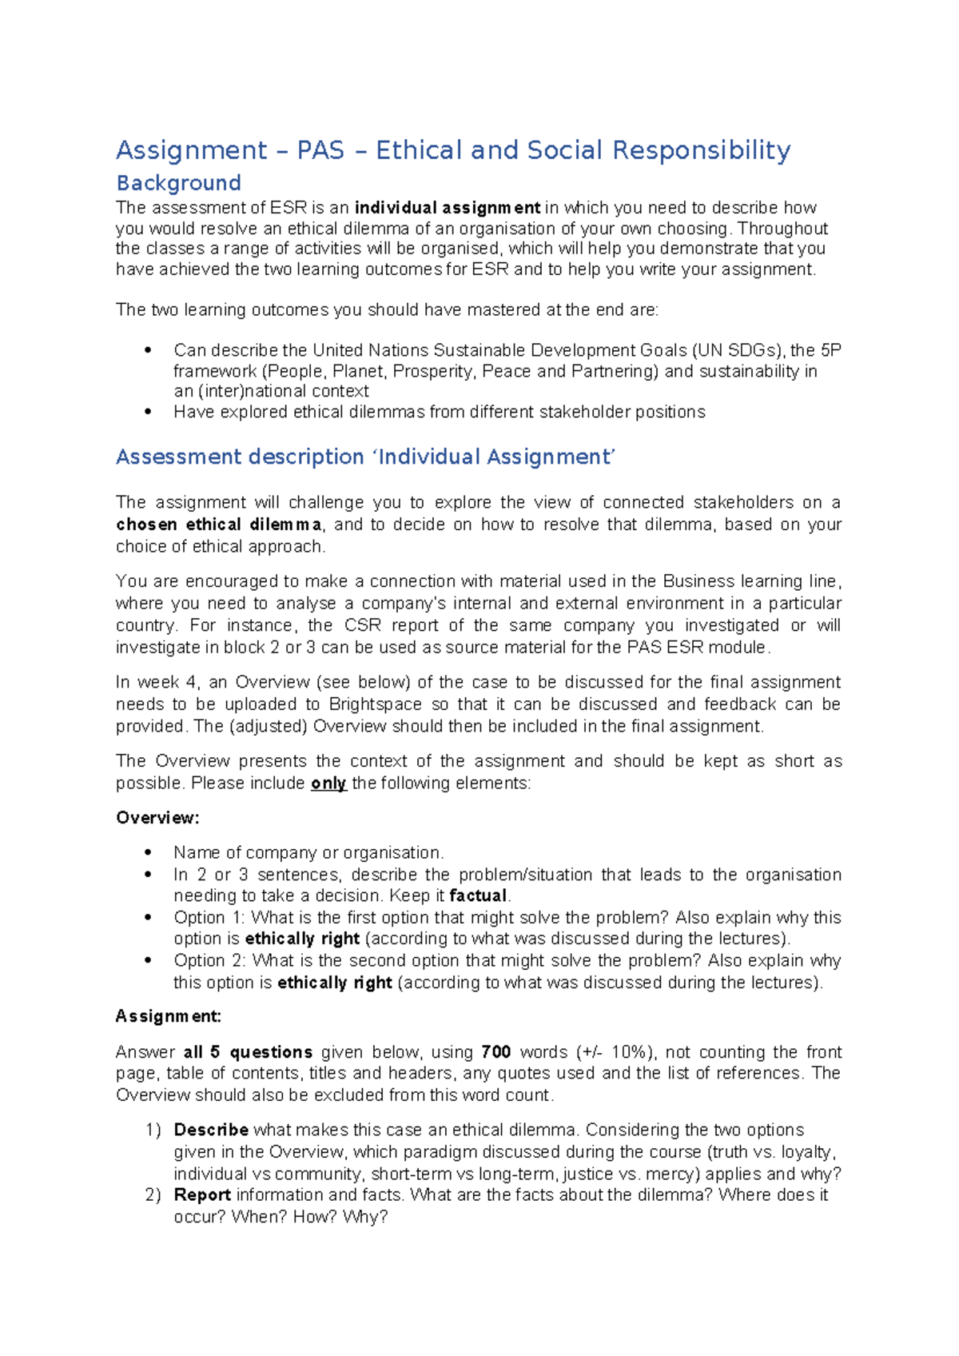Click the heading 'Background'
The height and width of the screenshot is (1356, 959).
(178, 183)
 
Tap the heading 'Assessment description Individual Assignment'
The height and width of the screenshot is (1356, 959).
(365, 457)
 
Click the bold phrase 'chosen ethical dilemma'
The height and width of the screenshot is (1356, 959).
(219, 524)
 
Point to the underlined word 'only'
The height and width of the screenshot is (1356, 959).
(328, 784)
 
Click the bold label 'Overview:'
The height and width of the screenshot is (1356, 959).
(157, 818)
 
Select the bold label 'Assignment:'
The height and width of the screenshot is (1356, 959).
(168, 1016)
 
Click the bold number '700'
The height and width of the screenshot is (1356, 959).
(495, 1052)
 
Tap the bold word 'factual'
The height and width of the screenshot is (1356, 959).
(478, 895)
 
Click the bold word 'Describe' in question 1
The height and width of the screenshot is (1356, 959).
(211, 1130)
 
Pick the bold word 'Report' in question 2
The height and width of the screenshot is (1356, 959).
(202, 1194)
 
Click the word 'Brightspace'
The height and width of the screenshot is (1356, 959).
(375, 704)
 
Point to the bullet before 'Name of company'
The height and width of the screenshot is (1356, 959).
(148, 853)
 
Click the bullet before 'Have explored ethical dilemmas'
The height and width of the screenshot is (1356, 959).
(148, 412)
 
